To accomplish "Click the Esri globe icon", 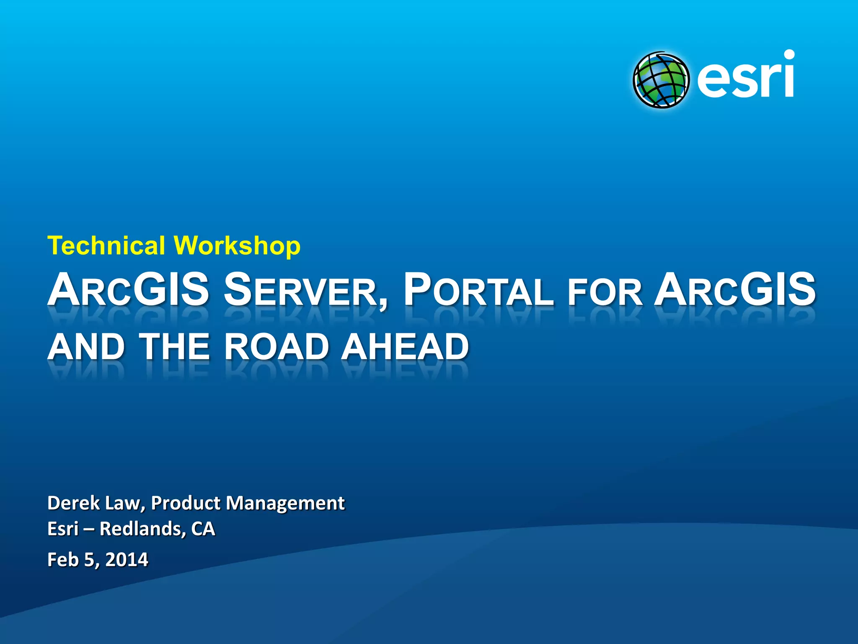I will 661,80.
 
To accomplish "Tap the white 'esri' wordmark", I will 746,75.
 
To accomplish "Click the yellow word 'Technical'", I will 106,245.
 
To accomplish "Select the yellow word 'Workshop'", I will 237,246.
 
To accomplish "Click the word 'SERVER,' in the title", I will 305,290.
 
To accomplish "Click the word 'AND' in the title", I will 86,347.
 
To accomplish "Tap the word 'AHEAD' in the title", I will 405,347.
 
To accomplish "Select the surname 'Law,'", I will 125,503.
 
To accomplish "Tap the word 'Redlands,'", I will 143,529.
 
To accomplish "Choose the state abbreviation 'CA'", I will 203,529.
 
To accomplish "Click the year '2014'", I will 127,560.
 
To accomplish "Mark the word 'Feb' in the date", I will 63,560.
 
